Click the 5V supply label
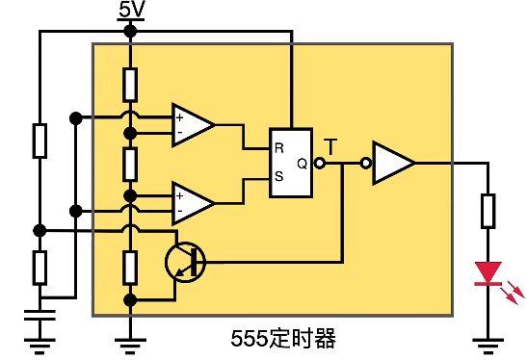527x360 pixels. coord(132,12)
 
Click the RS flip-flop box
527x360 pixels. coord(295,163)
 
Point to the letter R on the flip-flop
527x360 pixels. coord(279,148)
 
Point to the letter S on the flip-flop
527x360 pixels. coord(279,177)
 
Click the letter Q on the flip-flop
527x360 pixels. coord(303,163)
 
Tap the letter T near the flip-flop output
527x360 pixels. coord(330,146)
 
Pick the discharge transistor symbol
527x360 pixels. coord(183,261)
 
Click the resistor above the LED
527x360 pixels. coord(488,211)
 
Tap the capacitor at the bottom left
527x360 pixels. coord(39,314)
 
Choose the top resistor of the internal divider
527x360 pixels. coord(131,86)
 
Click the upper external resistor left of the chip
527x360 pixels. coord(39,140)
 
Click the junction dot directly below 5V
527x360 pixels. coord(131,32)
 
